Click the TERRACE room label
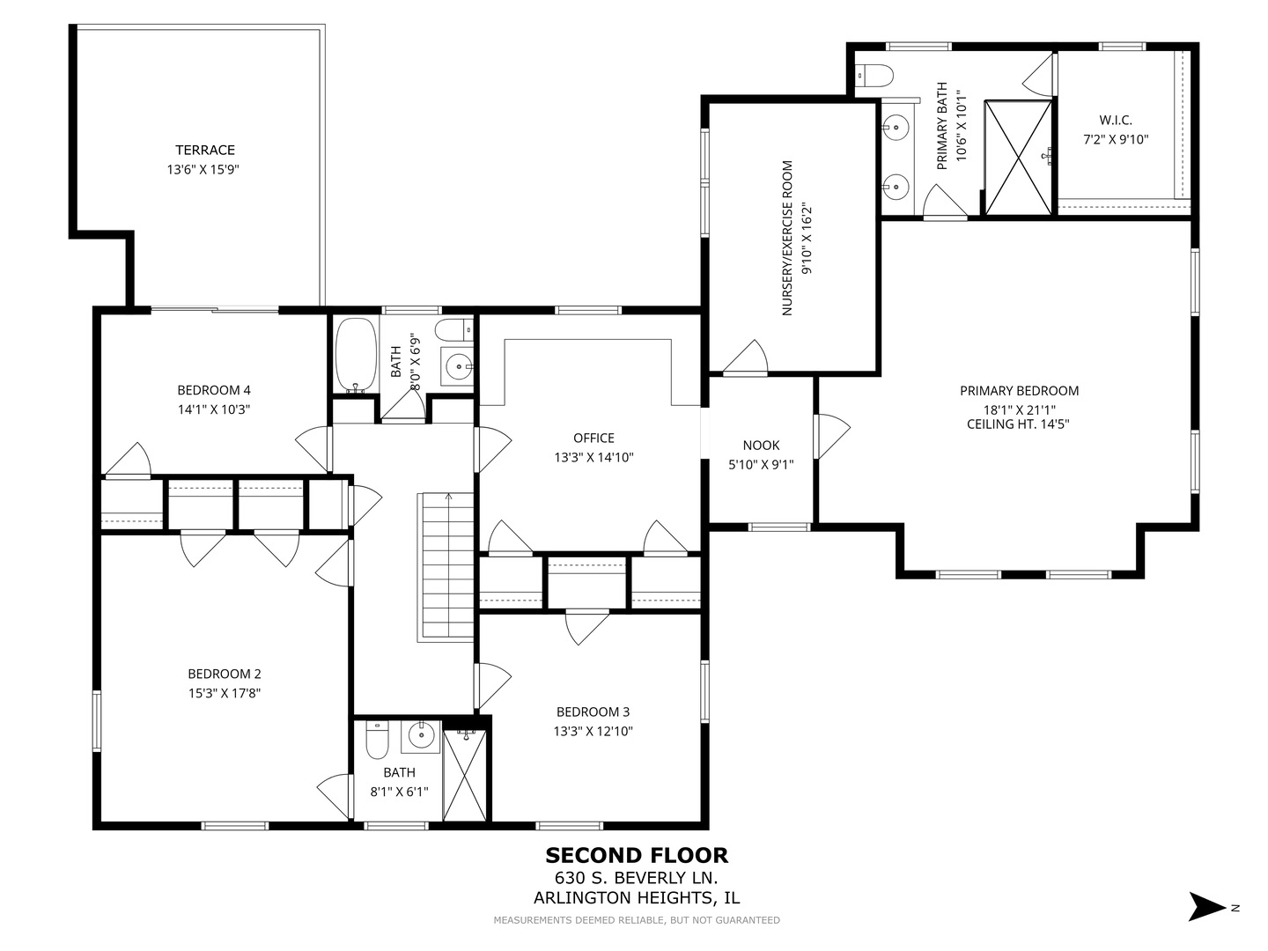pyautogui.click(x=204, y=150)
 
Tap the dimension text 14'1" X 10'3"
pyautogui.click(x=214, y=409)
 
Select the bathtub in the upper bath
pyautogui.click(x=356, y=356)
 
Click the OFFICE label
pyautogui.click(x=593, y=438)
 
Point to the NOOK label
pyautogui.click(x=761, y=446)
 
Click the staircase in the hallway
pyautogui.click(x=446, y=567)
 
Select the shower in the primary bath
pyautogui.click(x=1018, y=158)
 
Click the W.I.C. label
pyautogui.click(x=1115, y=120)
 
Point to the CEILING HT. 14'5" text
pyautogui.click(x=1019, y=424)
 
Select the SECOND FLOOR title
pyautogui.click(x=636, y=855)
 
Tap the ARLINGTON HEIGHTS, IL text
pyautogui.click(x=636, y=898)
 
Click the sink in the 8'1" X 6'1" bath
pyautogui.click(x=421, y=735)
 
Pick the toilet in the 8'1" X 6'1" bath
pyautogui.click(x=377, y=741)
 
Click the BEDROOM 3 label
pyautogui.click(x=593, y=711)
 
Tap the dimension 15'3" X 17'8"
pyautogui.click(x=224, y=692)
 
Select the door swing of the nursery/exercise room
pyautogui.click(x=748, y=358)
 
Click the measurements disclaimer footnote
pyautogui.click(x=636, y=920)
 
